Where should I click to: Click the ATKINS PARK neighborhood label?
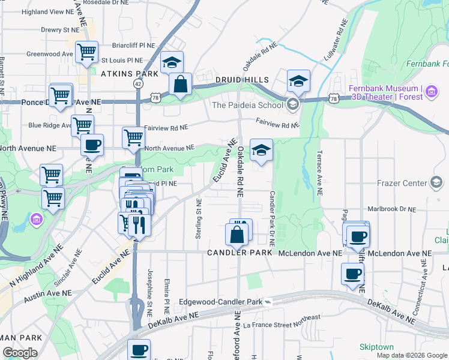click(x=130, y=74)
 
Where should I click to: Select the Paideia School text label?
click(x=247, y=105)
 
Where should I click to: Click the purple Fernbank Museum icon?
click(x=432, y=92)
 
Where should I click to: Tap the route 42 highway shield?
click(x=139, y=85)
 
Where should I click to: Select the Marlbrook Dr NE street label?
click(x=391, y=209)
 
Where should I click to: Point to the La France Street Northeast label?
click(x=282, y=322)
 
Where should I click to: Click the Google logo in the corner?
click(x=20, y=353)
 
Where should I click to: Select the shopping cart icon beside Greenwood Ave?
click(x=87, y=53)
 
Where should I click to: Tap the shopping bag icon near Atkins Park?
click(x=180, y=85)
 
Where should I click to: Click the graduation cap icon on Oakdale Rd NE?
click(x=261, y=151)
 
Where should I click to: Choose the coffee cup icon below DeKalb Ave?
click(x=139, y=350)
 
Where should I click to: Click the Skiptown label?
click(x=376, y=347)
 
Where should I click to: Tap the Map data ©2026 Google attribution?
click(x=411, y=355)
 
